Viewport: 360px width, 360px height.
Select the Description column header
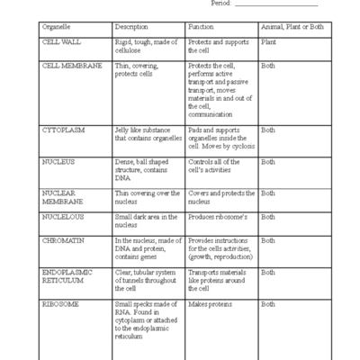[133, 26]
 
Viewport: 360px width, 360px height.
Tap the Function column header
[201, 26]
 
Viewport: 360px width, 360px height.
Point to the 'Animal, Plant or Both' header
[289, 26]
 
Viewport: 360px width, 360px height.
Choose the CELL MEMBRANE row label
[72, 66]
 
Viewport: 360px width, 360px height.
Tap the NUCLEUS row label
[58, 162]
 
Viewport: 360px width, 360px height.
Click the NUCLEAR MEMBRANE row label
[62, 198]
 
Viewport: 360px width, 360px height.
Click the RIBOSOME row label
[60, 304]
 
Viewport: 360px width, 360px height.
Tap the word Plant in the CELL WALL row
[268, 41]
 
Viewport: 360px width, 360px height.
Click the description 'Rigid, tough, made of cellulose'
[146, 46]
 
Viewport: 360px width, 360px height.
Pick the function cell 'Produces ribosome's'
[217, 217]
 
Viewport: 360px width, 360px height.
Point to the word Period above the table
[223, 4]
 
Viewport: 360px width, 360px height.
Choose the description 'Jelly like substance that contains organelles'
[147, 134]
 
